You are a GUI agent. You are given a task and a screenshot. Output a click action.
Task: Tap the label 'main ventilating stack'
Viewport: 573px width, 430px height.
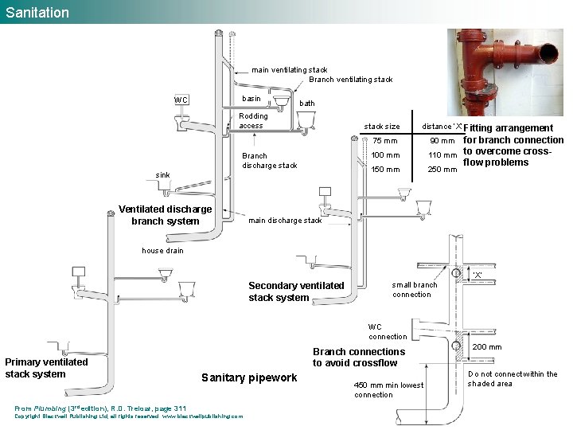point(289,70)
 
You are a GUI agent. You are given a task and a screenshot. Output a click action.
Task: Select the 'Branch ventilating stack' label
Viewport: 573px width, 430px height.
point(350,80)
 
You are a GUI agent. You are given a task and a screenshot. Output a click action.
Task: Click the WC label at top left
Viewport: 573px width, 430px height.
point(181,100)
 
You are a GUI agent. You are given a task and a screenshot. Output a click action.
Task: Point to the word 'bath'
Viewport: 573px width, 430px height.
point(306,104)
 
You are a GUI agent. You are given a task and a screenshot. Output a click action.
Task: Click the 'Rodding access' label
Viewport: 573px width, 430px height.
point(253,121)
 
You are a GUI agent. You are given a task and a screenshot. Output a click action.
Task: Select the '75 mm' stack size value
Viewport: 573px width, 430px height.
point(380,141)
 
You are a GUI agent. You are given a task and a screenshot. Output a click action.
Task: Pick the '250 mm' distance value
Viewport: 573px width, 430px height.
point(442,170)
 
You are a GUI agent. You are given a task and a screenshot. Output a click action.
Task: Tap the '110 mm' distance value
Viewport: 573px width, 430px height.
point(442,155)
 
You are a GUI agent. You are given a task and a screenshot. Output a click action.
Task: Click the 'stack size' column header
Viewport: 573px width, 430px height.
point(382,127)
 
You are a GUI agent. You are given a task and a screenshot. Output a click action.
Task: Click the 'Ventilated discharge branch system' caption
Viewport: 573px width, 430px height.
point(166,215)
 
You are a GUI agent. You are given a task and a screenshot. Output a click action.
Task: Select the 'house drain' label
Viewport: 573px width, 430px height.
point(162,251)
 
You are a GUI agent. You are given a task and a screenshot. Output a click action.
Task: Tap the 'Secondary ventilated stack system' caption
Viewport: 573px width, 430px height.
point(296,291)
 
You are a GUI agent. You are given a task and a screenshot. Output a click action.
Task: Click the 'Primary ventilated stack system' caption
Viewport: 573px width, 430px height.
point(46,368)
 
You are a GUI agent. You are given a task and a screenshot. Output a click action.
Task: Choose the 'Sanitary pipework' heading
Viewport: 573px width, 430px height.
point(249,377)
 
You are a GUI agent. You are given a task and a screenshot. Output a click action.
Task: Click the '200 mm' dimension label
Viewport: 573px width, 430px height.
point(487,347)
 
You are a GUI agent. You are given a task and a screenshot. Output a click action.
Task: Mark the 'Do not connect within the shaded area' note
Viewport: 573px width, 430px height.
point(512,379)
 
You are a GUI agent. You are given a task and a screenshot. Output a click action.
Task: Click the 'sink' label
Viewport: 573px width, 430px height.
point(162,174)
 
